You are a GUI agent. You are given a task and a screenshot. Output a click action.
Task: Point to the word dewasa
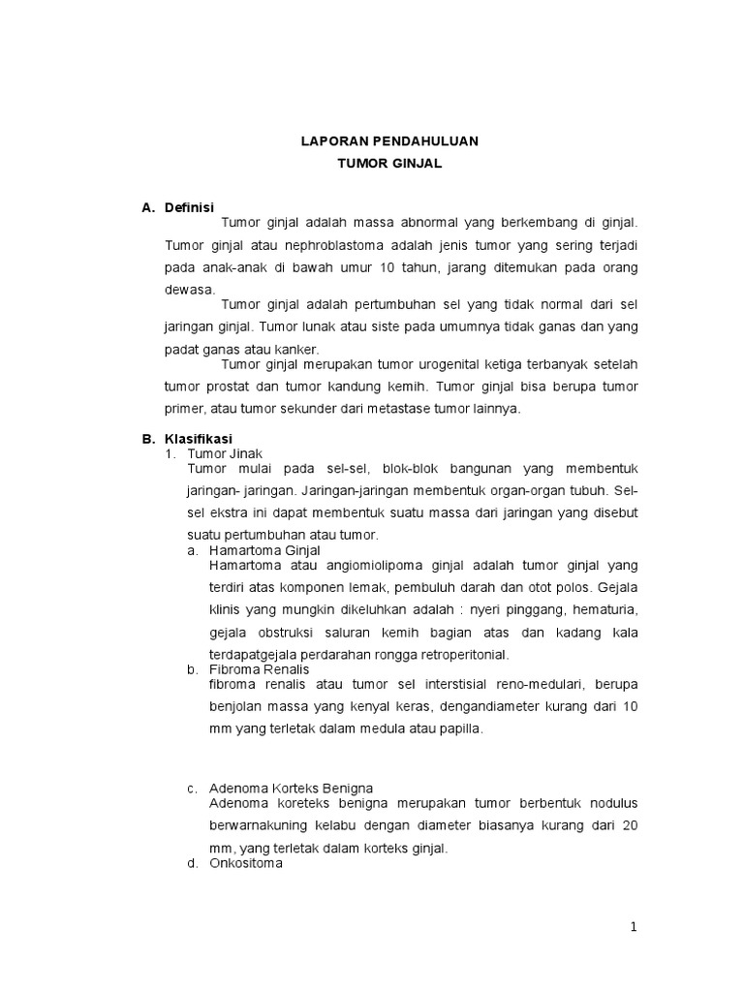[x=191, y=289]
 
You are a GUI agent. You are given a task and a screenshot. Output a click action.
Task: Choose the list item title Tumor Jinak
[x=224, y=452]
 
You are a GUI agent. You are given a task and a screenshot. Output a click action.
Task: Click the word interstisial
[x=450, y=684]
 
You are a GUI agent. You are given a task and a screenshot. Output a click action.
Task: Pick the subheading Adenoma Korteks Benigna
[x=291, y=789]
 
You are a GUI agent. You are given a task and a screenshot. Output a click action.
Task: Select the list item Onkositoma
[x=246, y=863]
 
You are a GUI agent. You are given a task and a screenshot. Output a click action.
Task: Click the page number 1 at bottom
[x=634, y=927]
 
